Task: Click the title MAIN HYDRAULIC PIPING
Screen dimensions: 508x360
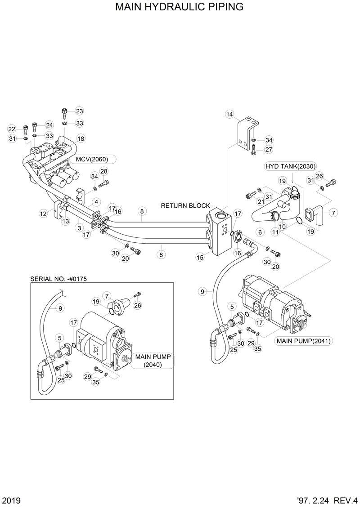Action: coord(180,7)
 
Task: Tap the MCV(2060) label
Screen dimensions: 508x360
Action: coord(92,159)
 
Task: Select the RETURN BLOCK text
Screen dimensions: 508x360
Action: coord(185,206)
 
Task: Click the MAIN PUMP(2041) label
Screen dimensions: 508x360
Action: coord(303,341)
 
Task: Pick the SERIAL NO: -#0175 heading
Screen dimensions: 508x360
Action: coord(58,279)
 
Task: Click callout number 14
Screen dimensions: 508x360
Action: coord(230,114)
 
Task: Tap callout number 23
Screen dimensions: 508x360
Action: coord(79,111)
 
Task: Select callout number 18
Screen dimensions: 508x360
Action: coord(81,138)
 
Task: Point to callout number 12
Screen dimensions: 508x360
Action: coord(43,214)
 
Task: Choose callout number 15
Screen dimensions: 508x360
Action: coord(200,258)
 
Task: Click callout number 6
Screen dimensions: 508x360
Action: coord(260,232)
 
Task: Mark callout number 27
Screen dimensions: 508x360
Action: coord(269,149)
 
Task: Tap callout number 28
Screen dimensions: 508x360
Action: coord(104,171)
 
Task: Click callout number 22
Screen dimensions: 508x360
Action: coord(12,129)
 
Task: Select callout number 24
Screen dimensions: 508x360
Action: coord(49,125)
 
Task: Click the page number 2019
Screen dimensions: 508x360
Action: coord(11,500)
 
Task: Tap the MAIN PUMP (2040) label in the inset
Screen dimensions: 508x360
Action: coord(155,361)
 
